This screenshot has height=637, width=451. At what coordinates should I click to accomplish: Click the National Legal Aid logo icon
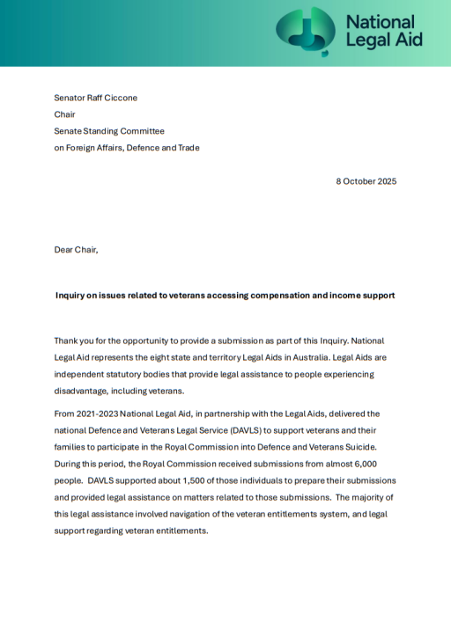click(x=306, y=31)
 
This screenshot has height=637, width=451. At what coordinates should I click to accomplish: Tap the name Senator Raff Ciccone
click(x=95, y=98)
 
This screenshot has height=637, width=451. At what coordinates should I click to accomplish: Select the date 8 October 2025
click(x=366, y=181)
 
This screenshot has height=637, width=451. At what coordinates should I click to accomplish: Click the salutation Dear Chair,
click(x=76, y=250)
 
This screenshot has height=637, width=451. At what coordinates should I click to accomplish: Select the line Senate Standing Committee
click(x=109, y=131)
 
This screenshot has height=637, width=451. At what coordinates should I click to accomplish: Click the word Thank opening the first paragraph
click(x=67, y=340)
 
